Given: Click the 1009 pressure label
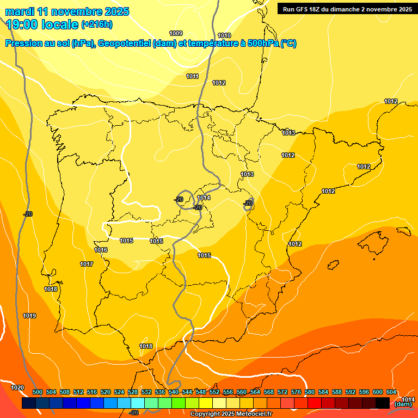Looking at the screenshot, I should coord(176,33).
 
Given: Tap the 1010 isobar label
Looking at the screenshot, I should coord(224,35).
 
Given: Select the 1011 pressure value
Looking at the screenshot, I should coord(192,76).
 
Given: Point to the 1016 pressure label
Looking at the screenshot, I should coord(101,250).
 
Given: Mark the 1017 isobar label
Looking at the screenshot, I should coord(87,264).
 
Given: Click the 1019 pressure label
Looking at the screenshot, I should coord(29,316).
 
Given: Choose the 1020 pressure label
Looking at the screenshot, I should coord(17,388).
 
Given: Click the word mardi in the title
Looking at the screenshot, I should coord(21,11).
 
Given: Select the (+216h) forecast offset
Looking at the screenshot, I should coord(97,24).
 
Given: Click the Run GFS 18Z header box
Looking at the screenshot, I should coord(346,9).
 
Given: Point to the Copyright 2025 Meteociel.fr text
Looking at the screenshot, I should coord(231,414).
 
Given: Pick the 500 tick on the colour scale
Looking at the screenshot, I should coord(38,392).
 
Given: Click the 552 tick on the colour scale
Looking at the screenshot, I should coord(214,392).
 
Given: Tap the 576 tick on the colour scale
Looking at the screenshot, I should coord(296,392).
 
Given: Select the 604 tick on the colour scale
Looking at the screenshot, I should coord(391,392).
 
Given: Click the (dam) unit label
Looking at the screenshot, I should coord(403,404).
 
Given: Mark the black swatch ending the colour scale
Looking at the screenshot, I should coord(383,403).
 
